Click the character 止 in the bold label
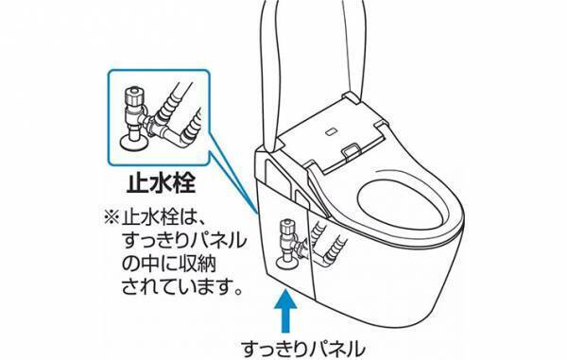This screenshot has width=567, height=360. tap(133, 180)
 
